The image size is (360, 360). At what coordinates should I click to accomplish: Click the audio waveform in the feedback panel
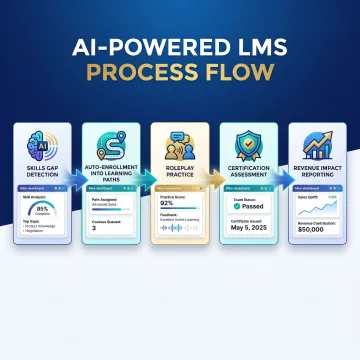pos(178,250)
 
